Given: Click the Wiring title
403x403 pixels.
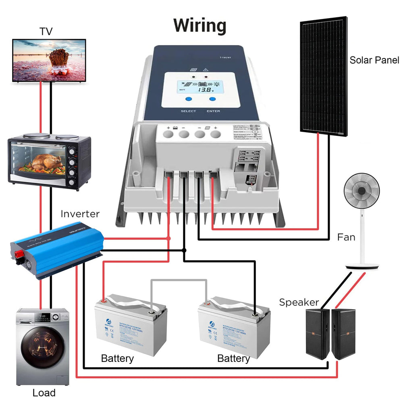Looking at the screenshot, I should (200, 26).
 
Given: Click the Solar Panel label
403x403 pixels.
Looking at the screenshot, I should (374, 60).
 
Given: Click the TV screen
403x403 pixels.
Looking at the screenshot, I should (49, 60).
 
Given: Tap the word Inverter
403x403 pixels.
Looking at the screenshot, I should (80, 214).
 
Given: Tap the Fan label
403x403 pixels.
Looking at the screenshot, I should (346, 237).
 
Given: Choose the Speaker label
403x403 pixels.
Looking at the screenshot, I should (299, 302).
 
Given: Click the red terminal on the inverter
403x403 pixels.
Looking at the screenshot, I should (19, 254).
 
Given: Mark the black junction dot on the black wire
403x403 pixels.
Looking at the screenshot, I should (184, 250).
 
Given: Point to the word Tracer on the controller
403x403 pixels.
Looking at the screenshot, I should (225, 58).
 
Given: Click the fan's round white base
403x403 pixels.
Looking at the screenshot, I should (362, 266).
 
